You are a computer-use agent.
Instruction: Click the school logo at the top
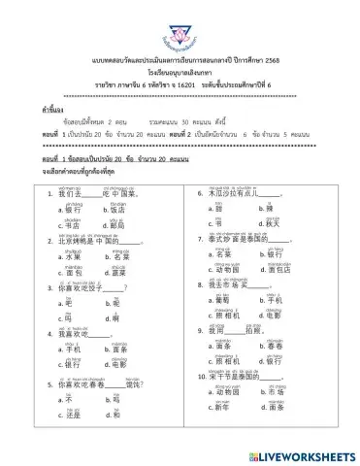180,22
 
